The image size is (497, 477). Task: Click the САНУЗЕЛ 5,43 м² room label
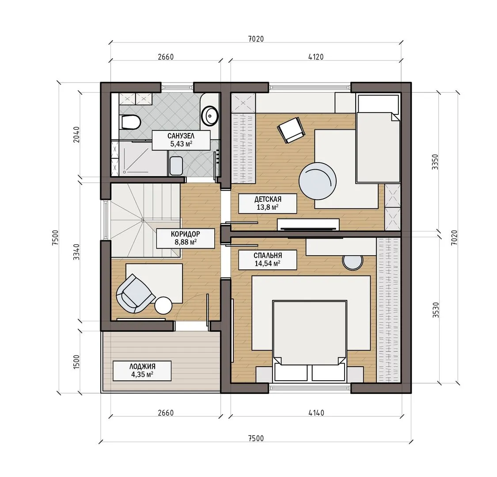point(181,140)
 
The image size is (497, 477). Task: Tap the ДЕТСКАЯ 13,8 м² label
point(268,203)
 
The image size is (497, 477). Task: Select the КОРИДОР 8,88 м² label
point(186,238)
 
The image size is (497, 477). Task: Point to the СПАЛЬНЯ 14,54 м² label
point(268,260)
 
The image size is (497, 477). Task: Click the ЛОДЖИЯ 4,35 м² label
point(142,371)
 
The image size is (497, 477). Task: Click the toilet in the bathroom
point(130,122)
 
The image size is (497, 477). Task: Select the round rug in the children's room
point(318,181)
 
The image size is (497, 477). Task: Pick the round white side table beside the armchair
point(163,305)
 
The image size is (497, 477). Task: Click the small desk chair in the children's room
point(291,130)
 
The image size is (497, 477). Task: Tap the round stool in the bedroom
point(353,262)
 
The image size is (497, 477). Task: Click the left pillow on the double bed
point(291,372)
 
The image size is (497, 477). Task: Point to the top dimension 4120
point(316,57)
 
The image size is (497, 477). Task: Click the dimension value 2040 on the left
point(76,134)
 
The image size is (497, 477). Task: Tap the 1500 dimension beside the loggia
point(76,362)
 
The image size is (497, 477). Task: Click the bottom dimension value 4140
point(316,413)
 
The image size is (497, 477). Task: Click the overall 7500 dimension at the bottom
point(256,438)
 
